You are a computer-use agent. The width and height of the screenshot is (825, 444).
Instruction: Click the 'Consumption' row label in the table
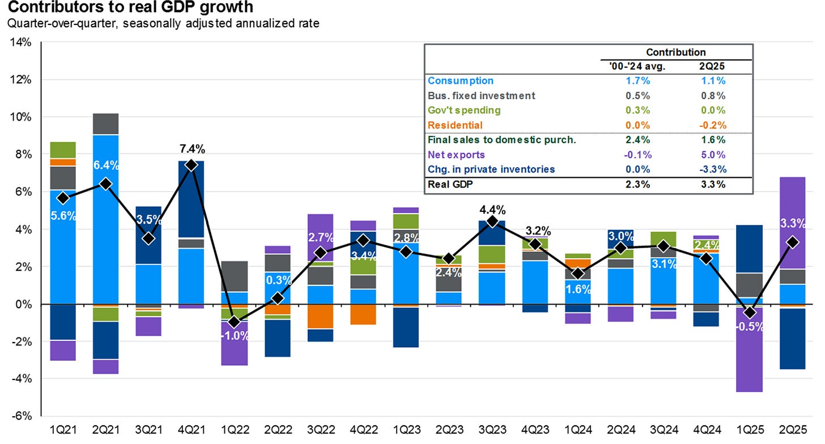[461, 81]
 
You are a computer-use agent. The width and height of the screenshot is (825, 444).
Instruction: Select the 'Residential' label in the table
[455, 125]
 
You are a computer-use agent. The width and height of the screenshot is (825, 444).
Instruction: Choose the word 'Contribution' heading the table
[676, 52]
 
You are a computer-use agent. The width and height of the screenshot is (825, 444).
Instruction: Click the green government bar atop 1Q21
[63, 150]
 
